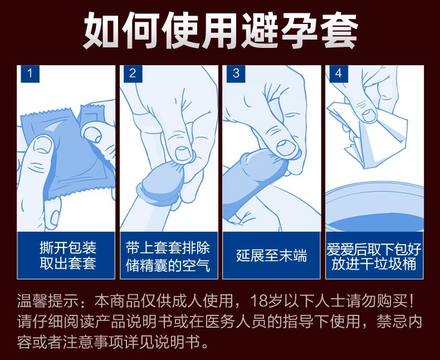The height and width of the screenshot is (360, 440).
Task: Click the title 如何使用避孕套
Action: tap(220, 28)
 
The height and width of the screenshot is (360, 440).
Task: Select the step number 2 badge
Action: tap(133, 74)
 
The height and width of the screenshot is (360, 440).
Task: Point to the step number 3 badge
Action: tap(236, 74)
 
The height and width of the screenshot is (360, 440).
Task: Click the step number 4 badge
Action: tap(338, 74)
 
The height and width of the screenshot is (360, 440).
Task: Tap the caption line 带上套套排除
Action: tap(169, 247)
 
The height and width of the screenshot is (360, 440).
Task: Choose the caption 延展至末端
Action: tap(271, 256)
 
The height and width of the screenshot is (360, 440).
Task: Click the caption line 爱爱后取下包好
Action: tap(374, 247)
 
